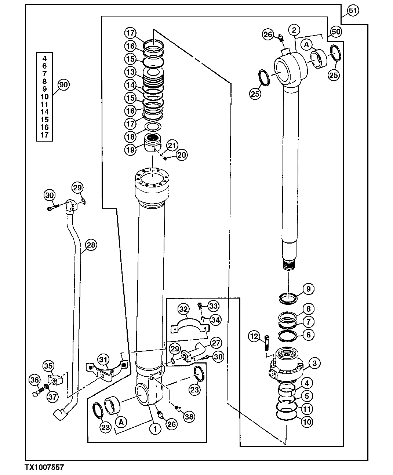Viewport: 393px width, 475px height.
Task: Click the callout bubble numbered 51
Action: click(x=352, y=11)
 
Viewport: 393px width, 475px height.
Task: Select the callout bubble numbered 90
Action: click(x=63, y=85)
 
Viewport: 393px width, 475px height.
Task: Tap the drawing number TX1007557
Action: click(x=44, y=467)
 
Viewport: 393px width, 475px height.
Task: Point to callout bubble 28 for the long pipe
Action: click(x=91, y=245)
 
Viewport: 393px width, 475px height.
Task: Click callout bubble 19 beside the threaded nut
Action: click(x=131, y=149)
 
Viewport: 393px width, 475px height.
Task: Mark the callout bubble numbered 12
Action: click(x=254, y=336)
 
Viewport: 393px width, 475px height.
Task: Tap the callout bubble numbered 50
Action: click(x=336, y=32)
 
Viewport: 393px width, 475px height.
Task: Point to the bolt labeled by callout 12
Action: click(x=267, y=343)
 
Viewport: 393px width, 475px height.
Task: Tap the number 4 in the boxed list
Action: click(x=45, y=58)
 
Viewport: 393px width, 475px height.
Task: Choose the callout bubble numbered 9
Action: click(x=308, y=289)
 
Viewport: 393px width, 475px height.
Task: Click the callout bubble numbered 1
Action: click(x=156, y=428)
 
